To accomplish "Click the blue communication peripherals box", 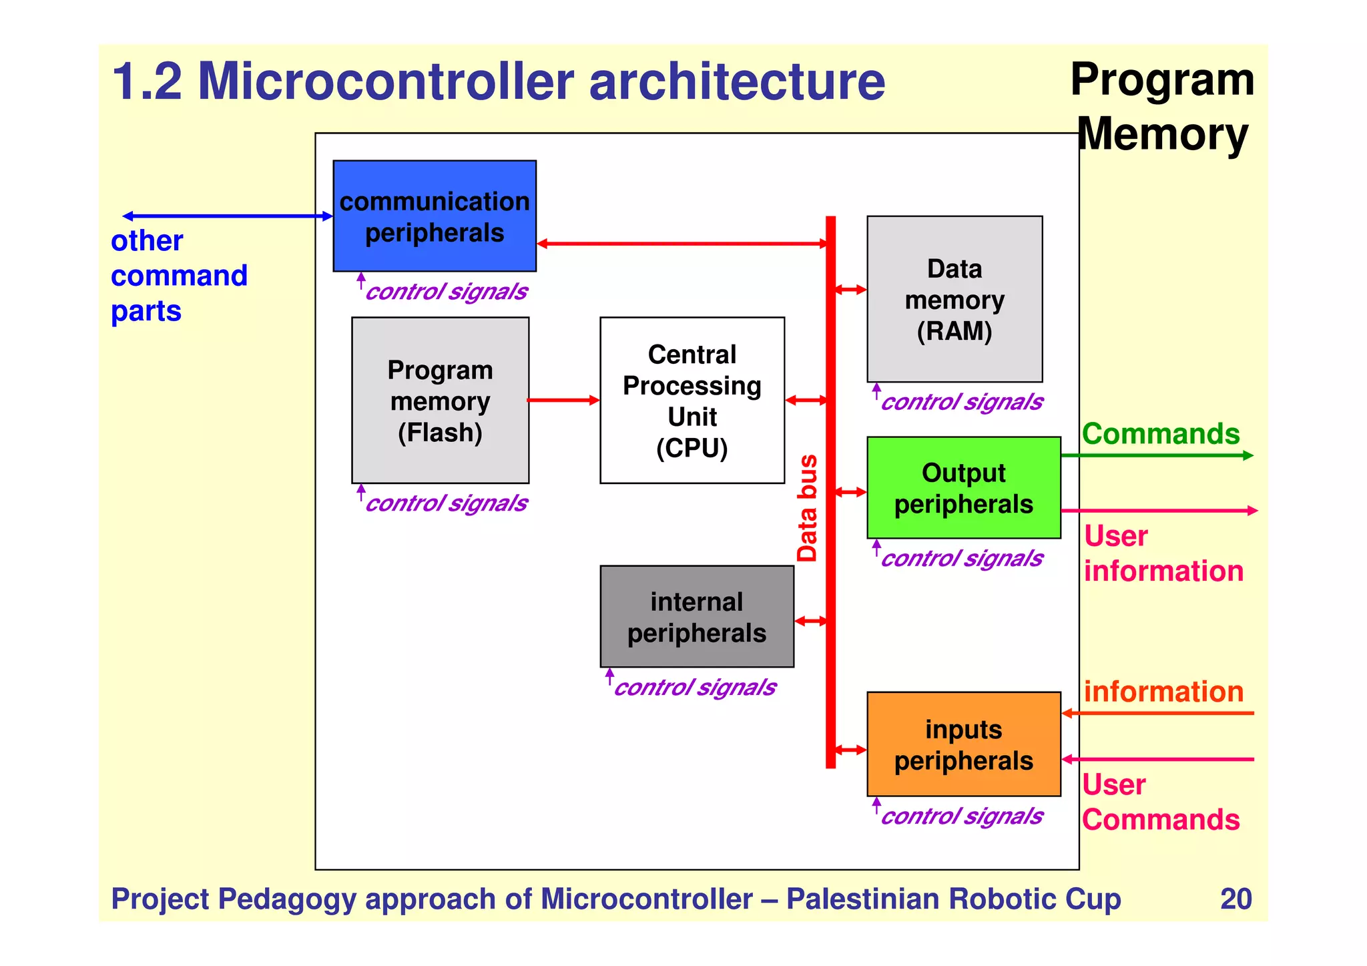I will click(x=435, y=216).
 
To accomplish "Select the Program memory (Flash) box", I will click(x=440, y=401).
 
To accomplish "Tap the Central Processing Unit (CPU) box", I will click(x=692, y=401).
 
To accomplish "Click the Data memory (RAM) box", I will click(x=954, y=299).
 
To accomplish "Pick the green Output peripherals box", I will click(x=963, y=488).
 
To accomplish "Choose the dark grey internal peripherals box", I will click(x=696, y=617).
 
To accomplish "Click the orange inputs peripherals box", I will click(x=963, y=744).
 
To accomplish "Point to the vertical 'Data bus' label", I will click(x=807, y=508).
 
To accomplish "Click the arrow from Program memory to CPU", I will click(x=563, y=401).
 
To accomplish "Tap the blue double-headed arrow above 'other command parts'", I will click(x=228, y=216).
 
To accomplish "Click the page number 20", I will click(x=1236, y=899).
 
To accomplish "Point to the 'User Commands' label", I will click(x=1160, y=802).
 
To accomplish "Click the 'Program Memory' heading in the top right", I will click(x=1162, y=107).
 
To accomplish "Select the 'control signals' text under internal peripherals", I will click(x=694, y=688).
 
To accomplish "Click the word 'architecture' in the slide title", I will click(x=736, y=81).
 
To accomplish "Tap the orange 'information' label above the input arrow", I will click(x=1163, y=692).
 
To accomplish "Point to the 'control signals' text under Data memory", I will click(x=961, y=402).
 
